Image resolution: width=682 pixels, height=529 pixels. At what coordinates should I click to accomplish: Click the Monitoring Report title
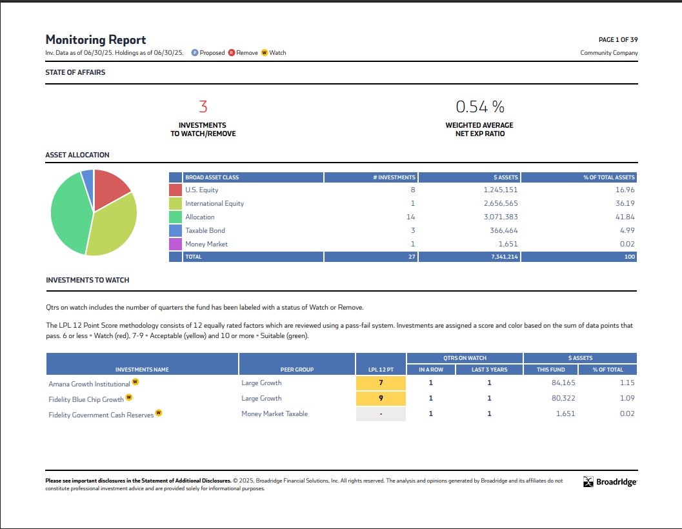tap(95, 39)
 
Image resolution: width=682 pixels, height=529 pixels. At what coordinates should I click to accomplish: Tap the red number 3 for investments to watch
tap(203, 106)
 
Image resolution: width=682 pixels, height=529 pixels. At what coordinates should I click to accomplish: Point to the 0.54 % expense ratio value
tap(479, 106)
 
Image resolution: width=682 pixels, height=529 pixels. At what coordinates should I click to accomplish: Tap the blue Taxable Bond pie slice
tap(88, 176)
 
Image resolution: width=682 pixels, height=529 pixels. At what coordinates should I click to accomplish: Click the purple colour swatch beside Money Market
tap(175, 244)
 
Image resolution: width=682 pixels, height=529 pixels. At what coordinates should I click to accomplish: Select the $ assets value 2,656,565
tap(500, 203)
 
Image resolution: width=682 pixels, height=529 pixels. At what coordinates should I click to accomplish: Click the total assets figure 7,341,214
tap(504, 257)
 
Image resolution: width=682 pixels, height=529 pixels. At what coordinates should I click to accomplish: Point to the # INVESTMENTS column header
tap(394, 177)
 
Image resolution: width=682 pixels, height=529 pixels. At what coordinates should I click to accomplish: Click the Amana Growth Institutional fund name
tap(89, 383)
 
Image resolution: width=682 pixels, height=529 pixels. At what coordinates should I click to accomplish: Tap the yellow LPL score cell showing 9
tap(381, 398)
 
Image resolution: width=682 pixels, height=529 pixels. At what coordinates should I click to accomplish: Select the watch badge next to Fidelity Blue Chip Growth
tap(129, 397)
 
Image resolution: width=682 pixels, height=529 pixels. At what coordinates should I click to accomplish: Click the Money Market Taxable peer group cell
tap(274, 414)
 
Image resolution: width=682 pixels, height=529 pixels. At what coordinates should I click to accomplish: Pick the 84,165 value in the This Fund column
tap(560, 383)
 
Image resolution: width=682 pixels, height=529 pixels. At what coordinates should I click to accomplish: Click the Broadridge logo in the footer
tap(610, 482)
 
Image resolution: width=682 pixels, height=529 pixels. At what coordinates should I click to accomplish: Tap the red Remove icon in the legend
tap(231, 53)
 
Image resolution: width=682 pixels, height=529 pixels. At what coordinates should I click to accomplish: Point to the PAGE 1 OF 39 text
tap(618, 40)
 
